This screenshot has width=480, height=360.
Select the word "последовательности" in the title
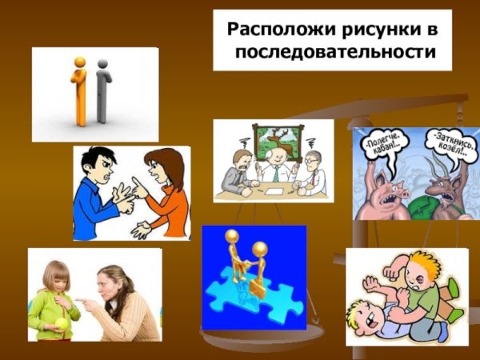[338, 54]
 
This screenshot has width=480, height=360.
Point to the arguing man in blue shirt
[98, 192]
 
